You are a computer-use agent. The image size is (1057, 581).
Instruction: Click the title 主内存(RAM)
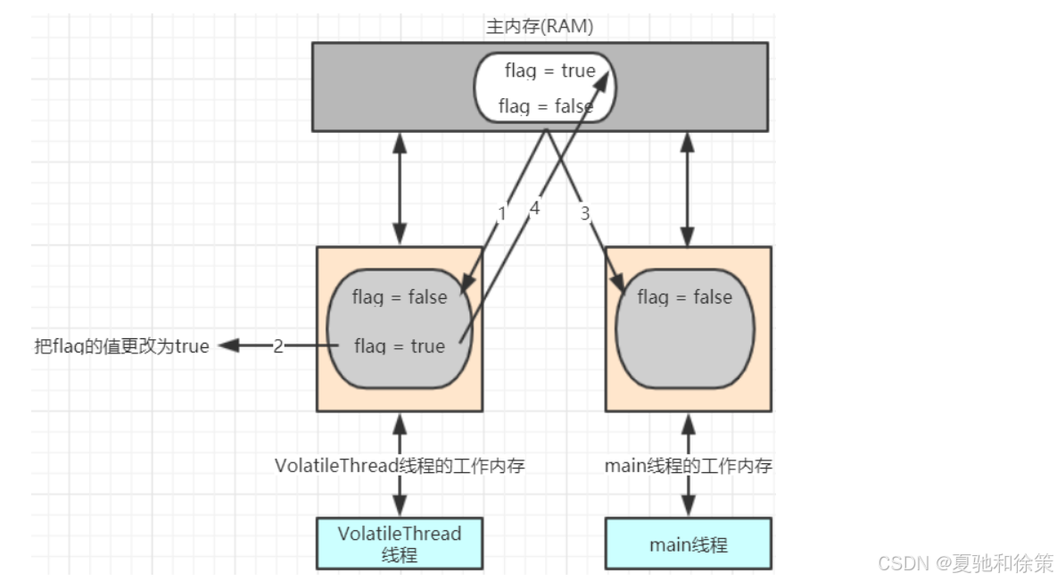[539, 27]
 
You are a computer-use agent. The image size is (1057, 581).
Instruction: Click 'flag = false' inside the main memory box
[544, 106]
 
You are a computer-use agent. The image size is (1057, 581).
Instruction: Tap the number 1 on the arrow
[501, 213]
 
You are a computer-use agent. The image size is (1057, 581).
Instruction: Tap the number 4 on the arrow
[534, 208]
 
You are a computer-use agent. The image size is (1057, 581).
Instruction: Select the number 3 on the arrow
[585, 213]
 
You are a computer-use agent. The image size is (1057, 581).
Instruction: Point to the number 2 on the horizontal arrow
[277, 346]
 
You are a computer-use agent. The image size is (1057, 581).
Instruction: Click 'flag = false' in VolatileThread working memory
[399, 297]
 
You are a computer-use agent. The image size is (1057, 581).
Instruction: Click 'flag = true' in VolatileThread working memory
[399, 346]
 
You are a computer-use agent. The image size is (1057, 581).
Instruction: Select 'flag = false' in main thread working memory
[684, 297]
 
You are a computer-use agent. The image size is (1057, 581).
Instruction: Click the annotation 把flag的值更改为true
[120, 346]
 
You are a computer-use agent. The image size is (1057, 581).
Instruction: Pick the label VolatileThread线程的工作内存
[400, 465]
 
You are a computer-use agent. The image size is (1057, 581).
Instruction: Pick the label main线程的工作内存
[688, 465]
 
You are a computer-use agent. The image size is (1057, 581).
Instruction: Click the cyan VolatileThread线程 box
[400, 543]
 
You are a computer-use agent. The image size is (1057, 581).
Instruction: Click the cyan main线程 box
[688, 543]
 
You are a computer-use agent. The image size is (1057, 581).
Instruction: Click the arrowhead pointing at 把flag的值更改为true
[228, 346]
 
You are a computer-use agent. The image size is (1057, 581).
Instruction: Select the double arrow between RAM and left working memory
[401, 188]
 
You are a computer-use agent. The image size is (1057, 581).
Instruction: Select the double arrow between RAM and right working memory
[688, 188]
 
